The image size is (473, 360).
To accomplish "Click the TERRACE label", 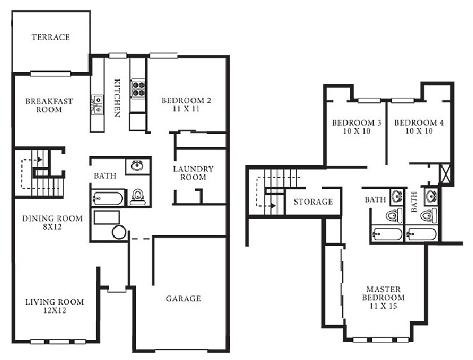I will coord(51,38).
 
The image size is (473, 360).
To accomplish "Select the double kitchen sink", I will coord(97,104).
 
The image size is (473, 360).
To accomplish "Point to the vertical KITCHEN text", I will coord(117,98).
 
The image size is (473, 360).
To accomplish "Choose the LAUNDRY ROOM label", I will coord(193,173).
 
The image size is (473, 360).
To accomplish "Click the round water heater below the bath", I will coord(119,232).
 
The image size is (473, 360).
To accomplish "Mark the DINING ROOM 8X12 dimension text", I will coord(53,228).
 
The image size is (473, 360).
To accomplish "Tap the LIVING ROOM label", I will coord(54,302).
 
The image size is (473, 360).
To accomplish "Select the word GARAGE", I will coord(183,298).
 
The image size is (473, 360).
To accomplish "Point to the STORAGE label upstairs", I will coord(313,202).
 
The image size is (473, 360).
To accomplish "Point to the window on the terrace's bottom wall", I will coord(51,73).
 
